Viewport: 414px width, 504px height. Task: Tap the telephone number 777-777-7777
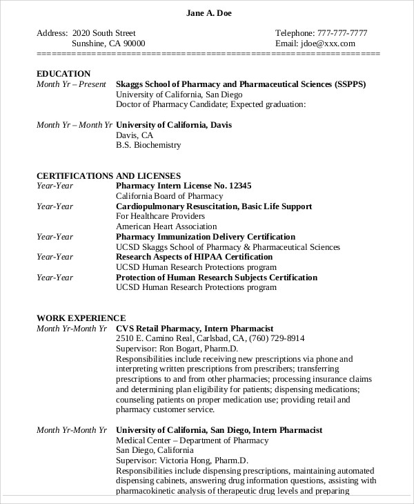(x=342, y=33)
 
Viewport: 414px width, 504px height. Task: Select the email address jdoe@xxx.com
(x=328, y=43)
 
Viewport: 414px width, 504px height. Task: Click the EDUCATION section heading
(x=63, y=74)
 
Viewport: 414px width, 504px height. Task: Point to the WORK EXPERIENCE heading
(x=81, y=318)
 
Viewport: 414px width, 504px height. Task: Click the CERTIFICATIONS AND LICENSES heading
(x=108, y=176)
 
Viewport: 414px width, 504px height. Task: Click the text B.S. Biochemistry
(x=148, y=146)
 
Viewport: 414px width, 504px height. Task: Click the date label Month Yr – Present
(x=71, y=84)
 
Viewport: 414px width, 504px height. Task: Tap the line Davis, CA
(x=135, y=135)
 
